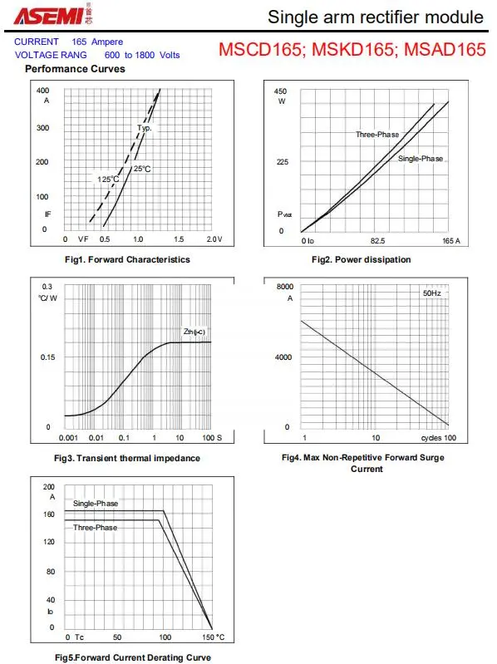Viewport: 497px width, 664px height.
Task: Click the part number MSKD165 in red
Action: point(352,50)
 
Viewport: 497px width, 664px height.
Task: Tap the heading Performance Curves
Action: point(75,69)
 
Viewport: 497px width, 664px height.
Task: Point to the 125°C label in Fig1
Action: point(108,180)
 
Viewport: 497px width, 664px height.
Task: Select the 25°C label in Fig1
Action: point(142,169)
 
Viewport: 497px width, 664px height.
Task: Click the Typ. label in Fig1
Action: point(145,127)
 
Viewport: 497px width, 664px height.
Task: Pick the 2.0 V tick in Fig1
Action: point(214,239)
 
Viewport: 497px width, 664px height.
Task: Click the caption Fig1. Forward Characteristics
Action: point(127,259)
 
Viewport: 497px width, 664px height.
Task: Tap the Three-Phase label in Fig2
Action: point(377,135)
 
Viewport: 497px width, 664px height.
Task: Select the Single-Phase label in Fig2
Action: point(421,159)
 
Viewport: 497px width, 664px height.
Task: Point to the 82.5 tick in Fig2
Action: point(377,240)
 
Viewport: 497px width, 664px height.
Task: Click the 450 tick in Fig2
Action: point(280,91)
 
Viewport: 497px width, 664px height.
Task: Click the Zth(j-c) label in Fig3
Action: point(194,331)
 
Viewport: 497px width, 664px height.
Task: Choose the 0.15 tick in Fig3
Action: point(48,357)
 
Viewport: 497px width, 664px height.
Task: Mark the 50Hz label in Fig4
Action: point(432,293)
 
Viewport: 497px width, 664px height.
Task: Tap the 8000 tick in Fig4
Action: point(285,287)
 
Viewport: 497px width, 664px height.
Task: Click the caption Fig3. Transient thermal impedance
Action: point(127,458)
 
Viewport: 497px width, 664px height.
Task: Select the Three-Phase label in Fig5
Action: point(96,527)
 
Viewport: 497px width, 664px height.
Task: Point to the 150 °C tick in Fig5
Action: point(214,637)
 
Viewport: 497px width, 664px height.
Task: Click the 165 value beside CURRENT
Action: point(79,42)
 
